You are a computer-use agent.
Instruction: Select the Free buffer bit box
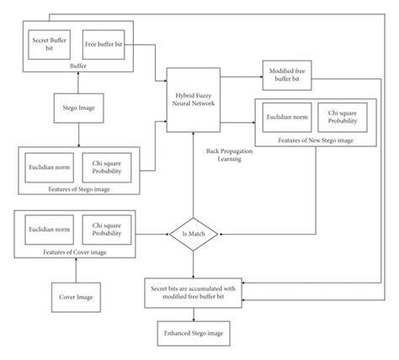coord(104,43)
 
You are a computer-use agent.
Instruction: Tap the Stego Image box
coord(77,109)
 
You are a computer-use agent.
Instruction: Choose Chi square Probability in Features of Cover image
coord(104,228)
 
